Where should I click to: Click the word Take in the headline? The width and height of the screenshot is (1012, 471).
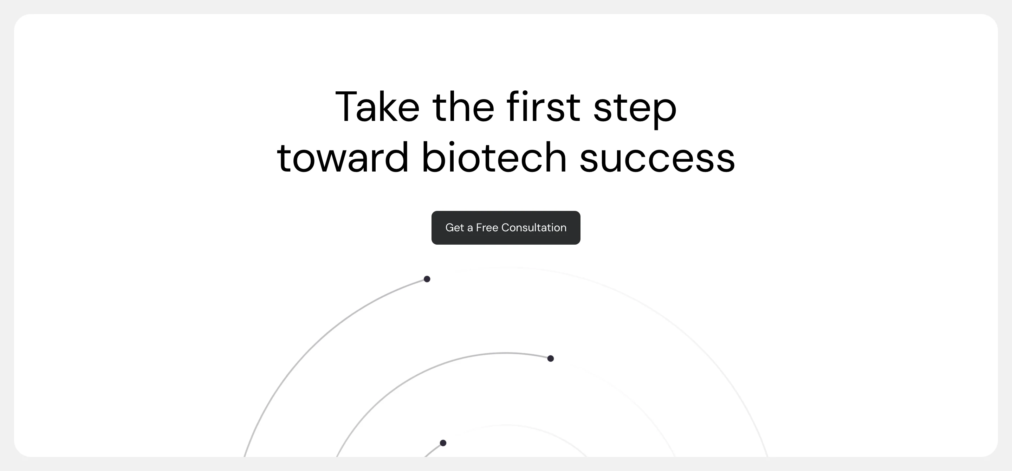click(x=377, y=107)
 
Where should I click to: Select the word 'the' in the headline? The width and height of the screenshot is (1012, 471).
click(x=463, y=107)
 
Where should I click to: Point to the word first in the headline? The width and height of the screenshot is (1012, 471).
click(x=543, y=107)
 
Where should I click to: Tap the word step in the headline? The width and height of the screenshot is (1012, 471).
click(x=635, y=109)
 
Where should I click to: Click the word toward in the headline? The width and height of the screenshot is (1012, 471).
click(x=343, y=157)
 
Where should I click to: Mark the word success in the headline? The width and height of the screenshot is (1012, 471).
click(x=657, y=159)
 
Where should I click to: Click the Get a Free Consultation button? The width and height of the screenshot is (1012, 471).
click(x=506, y=227)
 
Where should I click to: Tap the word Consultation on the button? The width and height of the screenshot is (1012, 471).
click(x=534, y=227)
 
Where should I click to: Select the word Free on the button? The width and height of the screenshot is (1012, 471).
click(x=487, y=227)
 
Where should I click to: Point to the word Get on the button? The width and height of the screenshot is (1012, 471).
click(x=455, y=227)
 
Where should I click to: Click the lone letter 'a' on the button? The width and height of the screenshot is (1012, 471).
click(x=470, y=228)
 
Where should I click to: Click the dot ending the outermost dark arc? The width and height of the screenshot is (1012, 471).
click(x=427, y=279)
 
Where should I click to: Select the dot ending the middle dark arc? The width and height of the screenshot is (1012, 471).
click(x=550, y=358)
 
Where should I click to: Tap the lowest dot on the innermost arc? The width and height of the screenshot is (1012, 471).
click(x=443, y=443)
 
